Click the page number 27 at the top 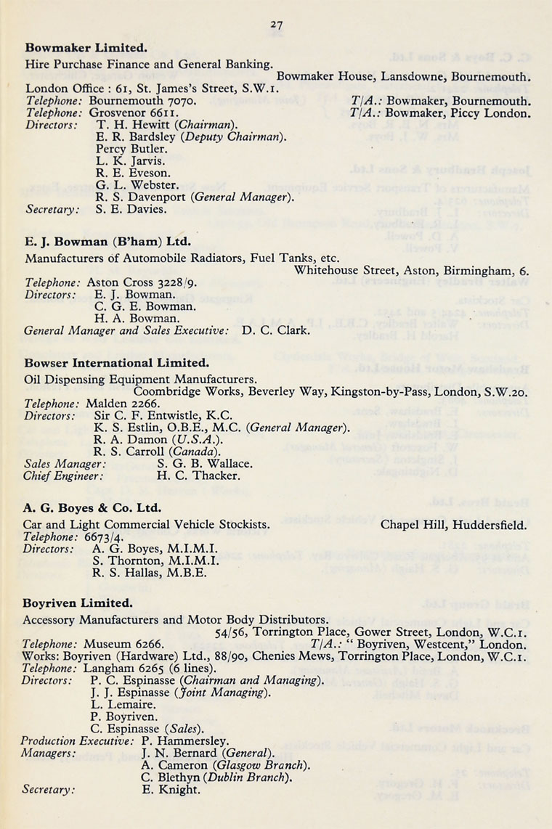click(x=276, y=25)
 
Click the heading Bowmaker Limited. click(x=86, y=48)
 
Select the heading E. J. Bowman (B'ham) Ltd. click(x=108, y=241)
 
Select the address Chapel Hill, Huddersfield click(x=453, y=523)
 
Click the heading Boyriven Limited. click(x=78, y=603)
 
